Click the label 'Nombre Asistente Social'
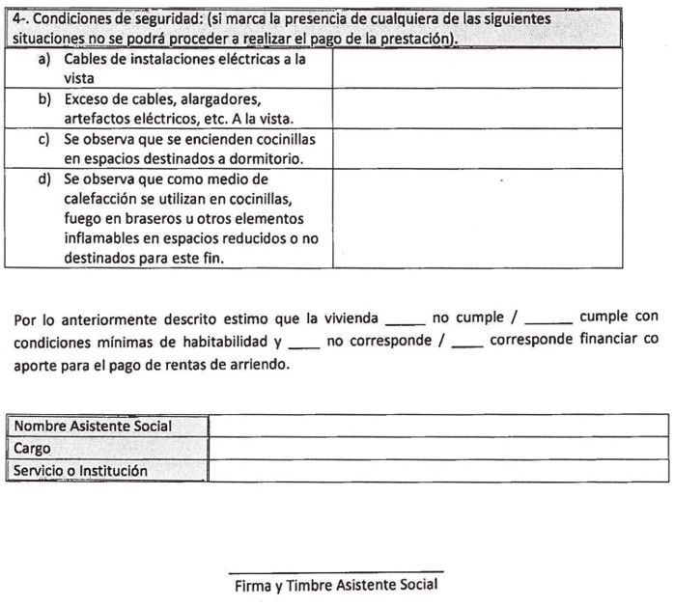[93, 426]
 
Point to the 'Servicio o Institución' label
[81, 471]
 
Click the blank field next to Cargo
[437, 449]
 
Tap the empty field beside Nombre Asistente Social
[437, 426]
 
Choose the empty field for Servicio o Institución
[437, 471]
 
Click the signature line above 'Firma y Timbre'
[336, 572]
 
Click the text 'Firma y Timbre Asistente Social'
[336, 586]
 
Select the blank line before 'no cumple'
[405, 322]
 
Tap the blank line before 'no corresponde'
[303, 344]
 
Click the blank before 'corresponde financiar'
[467, 344]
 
